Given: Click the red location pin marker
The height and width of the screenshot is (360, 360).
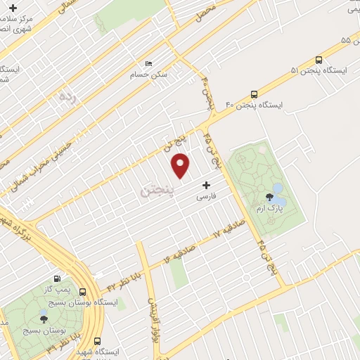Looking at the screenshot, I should pos(181,165).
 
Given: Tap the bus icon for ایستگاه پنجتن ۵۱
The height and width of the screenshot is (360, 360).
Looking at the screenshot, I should pos(319,61).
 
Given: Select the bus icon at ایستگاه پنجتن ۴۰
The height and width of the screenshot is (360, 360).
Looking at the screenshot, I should pos(254,94).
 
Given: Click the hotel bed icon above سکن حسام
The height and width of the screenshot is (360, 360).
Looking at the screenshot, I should pos(147,62).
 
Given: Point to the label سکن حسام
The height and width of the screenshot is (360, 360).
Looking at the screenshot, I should pos(146,73).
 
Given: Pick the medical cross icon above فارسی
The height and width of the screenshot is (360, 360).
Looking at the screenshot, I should pos(206,186).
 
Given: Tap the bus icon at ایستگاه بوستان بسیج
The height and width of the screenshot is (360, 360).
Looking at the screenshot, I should pos(83,292).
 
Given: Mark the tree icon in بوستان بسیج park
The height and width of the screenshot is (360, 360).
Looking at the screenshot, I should pos(44,320).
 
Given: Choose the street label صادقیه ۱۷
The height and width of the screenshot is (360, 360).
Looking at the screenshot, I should pos(226,232).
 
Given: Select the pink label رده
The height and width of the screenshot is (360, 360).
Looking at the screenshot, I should pos(67,95).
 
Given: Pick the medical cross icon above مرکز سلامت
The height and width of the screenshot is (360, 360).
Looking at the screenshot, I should pos(13,8).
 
